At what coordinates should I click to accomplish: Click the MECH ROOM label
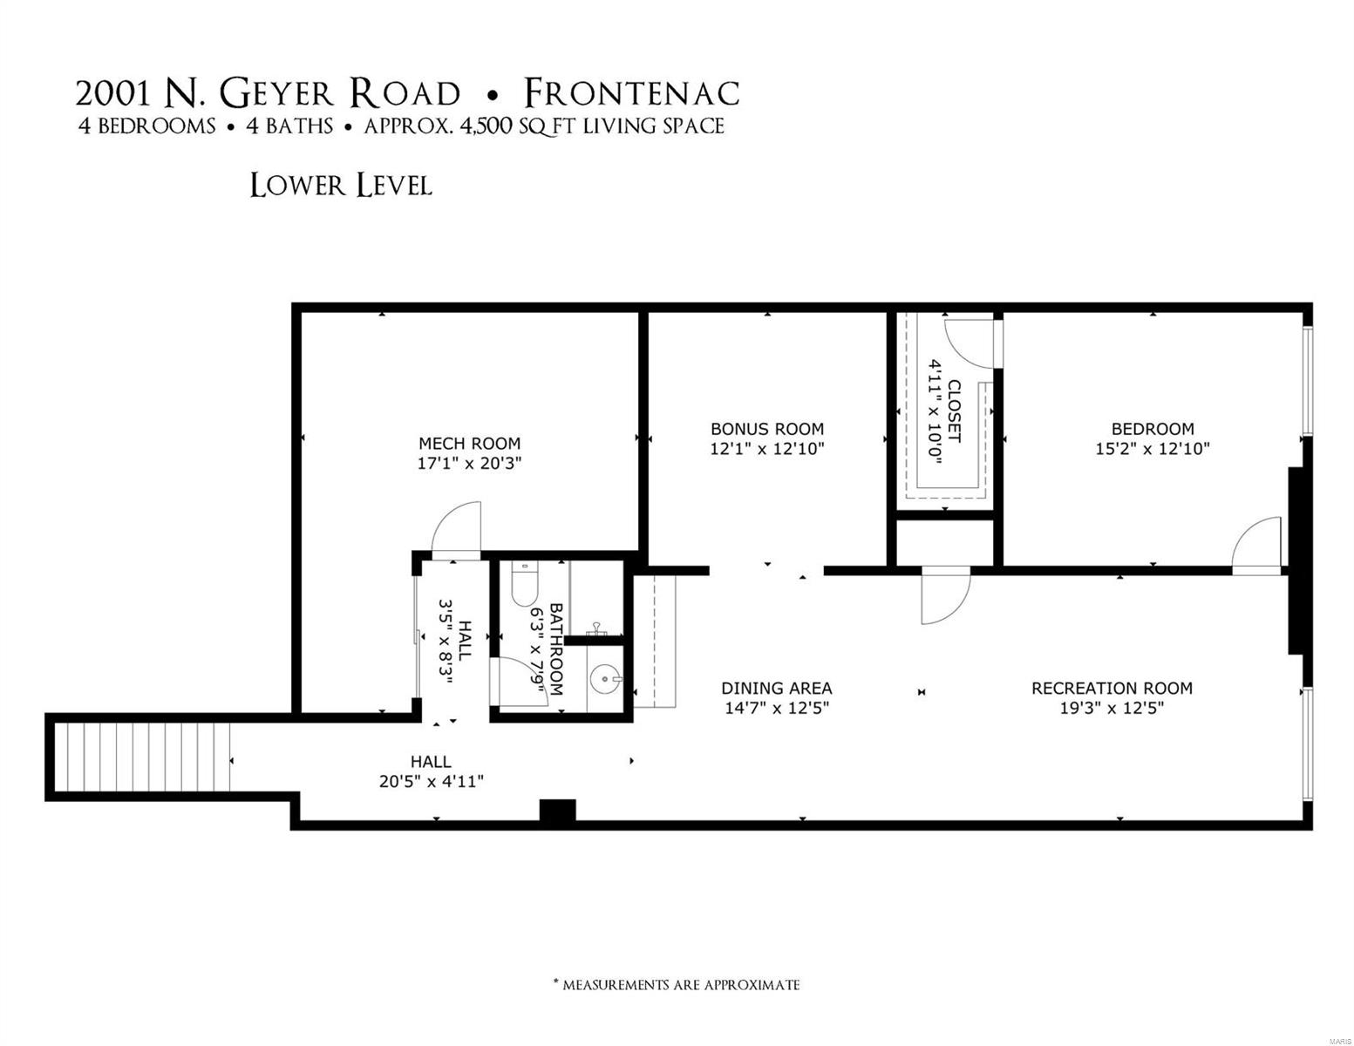(469, 443)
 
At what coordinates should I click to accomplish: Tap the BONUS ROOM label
(766, 429)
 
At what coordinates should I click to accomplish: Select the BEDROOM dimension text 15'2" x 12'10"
(1153, 449)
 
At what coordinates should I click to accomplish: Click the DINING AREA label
(776, 688)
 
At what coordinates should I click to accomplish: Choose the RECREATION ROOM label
(1112, 688)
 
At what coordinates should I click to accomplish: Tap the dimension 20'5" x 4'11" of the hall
(431, 781)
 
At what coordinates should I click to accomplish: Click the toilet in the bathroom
(526, 583)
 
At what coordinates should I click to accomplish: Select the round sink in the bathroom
(603, 677)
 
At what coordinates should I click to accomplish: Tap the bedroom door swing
(1257, 545)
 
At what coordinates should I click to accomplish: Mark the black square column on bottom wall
(557, 812)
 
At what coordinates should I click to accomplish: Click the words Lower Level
(340, 186)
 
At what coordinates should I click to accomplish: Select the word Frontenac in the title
(631, 93)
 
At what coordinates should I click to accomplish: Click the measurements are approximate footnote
(677, 985)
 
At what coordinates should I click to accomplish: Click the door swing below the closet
(945, 595)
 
